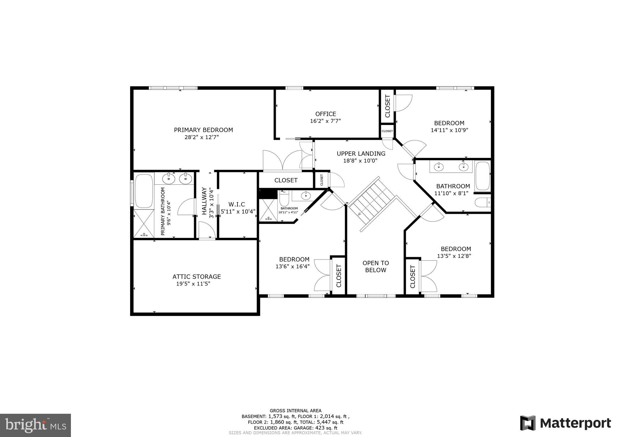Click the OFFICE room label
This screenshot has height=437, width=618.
click(326, 114)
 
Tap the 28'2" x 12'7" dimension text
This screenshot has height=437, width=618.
click(202, 137)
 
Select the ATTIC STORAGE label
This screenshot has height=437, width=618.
click(196, 276)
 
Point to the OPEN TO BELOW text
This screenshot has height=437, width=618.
click(375, 266)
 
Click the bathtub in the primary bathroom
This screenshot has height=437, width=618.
click(144, 190)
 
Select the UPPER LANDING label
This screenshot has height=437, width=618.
click(361, 154)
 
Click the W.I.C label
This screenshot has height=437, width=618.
click(237, 204)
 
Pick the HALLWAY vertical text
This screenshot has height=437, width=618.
click(204, 201)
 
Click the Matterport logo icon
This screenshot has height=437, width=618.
click(527, 423)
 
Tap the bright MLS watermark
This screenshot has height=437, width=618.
click(35, 425)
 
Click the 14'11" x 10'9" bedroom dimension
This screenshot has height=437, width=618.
click(449, 130)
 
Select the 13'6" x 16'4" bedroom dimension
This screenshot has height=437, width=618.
click(292, 266)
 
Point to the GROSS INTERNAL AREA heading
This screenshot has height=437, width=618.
click(295, 410)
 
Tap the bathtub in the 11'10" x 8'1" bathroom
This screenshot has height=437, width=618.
click(483, 176)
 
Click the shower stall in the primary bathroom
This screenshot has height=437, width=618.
click(144, 223)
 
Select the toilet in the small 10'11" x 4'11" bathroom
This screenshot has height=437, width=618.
click(284, 199)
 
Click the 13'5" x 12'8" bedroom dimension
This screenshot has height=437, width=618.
click(454, 256)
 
